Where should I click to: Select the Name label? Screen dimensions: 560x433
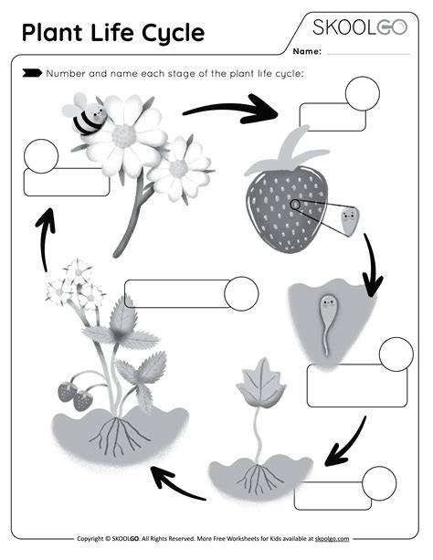click(307, 52)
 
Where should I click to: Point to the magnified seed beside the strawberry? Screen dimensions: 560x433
click(348, 220)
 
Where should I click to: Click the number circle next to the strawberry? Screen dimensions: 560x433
click(361, 92)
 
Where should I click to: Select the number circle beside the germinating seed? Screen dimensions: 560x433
click(396, 354)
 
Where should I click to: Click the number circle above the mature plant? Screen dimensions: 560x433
click(241, 292)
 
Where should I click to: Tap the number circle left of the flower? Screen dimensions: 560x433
click(41, 156)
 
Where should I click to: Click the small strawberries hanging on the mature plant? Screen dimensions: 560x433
click(74, 394)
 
